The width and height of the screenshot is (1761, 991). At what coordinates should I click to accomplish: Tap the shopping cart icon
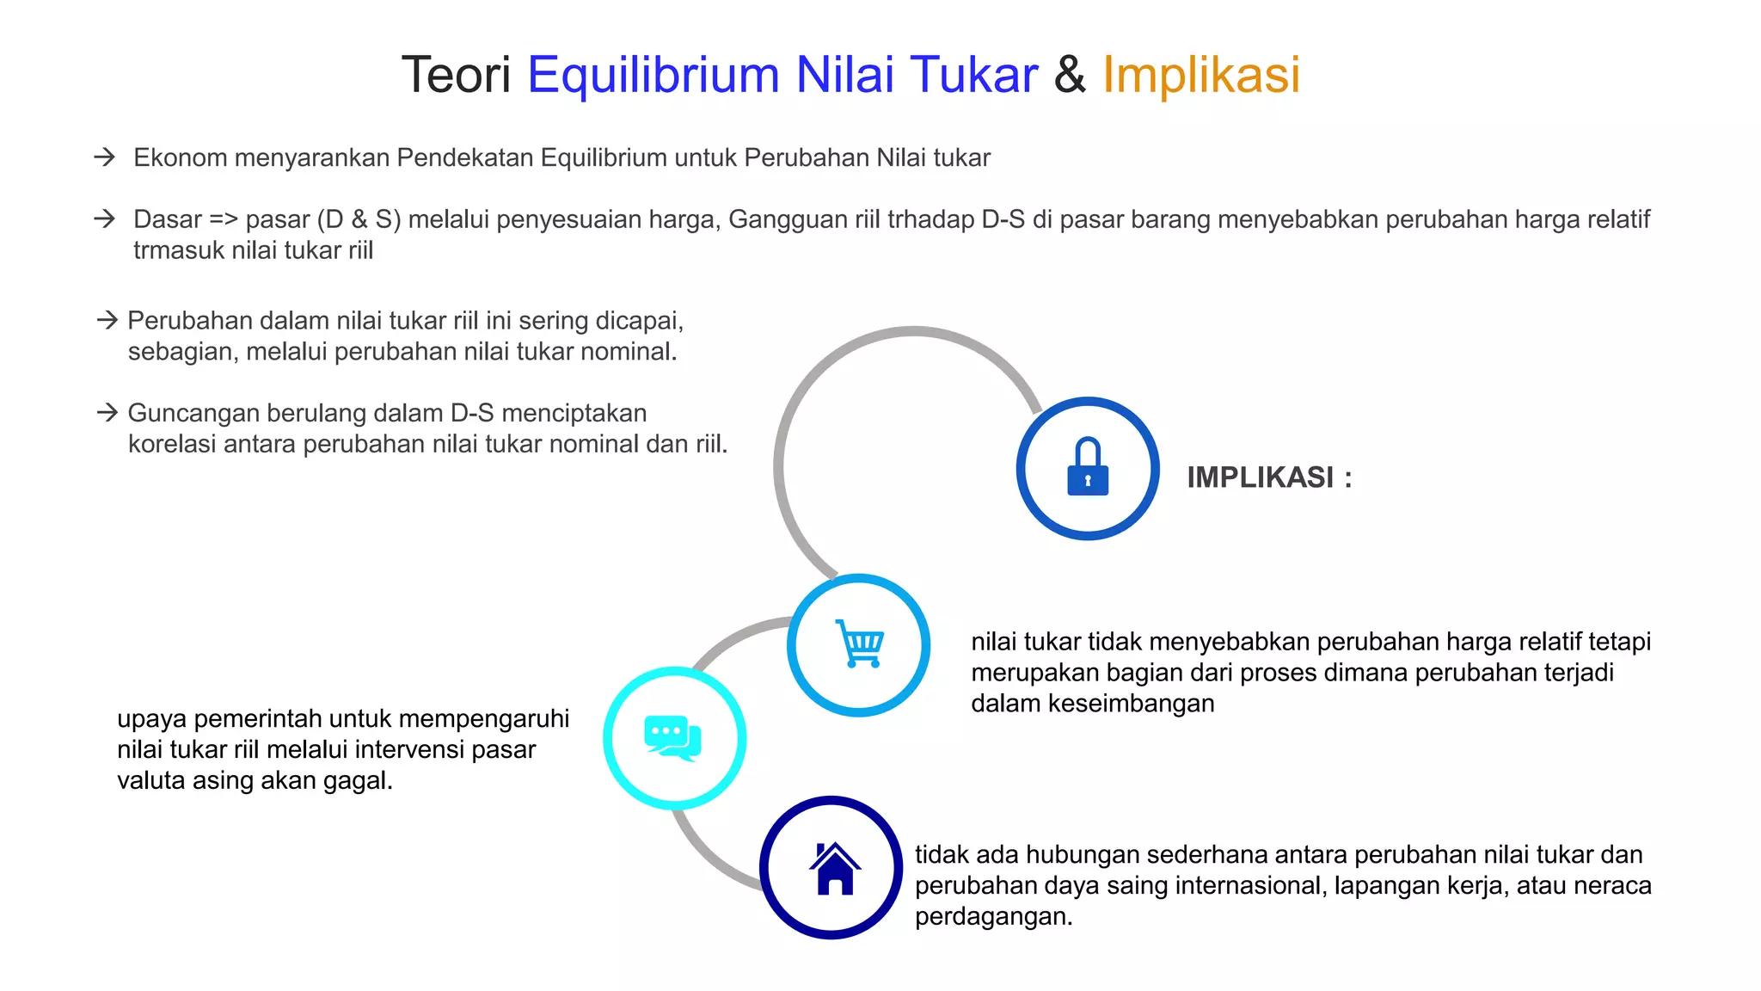[859, 643]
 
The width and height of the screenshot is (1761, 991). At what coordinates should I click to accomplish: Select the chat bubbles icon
[673, 738]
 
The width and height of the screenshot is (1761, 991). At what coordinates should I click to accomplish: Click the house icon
[833, 868]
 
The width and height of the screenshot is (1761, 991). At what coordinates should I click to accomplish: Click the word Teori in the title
[456, 75]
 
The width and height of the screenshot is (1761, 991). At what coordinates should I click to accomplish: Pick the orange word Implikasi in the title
[1200, 75]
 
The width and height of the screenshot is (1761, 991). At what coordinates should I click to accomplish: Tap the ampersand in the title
[1070, 75]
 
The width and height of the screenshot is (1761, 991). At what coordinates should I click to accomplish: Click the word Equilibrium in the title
[653, 75]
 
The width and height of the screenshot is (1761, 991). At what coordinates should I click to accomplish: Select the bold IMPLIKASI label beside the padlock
[1260, 477]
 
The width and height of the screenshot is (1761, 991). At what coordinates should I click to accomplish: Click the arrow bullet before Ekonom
[105, 157]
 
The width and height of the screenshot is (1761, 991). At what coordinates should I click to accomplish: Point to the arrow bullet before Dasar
[105, 219]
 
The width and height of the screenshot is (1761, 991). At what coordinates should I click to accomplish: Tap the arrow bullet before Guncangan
[107, 413]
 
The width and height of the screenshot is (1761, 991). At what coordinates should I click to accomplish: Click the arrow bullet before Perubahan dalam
[107, 321]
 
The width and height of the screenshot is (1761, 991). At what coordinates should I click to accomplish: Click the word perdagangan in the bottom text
[993, 917]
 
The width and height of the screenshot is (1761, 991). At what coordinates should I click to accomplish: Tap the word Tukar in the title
[973, 75]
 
